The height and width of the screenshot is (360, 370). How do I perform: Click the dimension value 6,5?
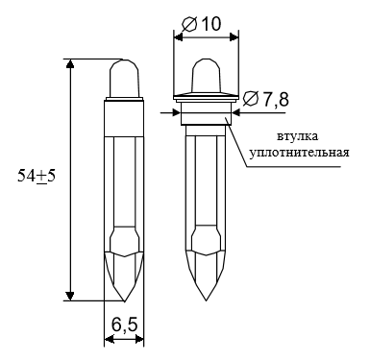[122, 326]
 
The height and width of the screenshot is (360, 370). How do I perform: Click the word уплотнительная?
[300, 152]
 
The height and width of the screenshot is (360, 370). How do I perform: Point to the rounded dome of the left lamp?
[123, 77]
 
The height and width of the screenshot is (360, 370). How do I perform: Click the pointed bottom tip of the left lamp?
[124, 296]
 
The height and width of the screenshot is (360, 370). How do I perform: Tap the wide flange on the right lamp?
[206, 97]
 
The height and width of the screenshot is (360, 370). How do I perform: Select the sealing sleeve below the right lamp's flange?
[206, 117]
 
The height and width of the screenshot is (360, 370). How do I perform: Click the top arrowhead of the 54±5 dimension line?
[70, 64]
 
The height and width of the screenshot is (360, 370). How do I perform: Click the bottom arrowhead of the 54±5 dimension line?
[70, 295]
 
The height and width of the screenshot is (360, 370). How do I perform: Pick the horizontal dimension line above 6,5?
[123, 339]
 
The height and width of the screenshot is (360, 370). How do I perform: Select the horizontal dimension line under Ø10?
[206, 38]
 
